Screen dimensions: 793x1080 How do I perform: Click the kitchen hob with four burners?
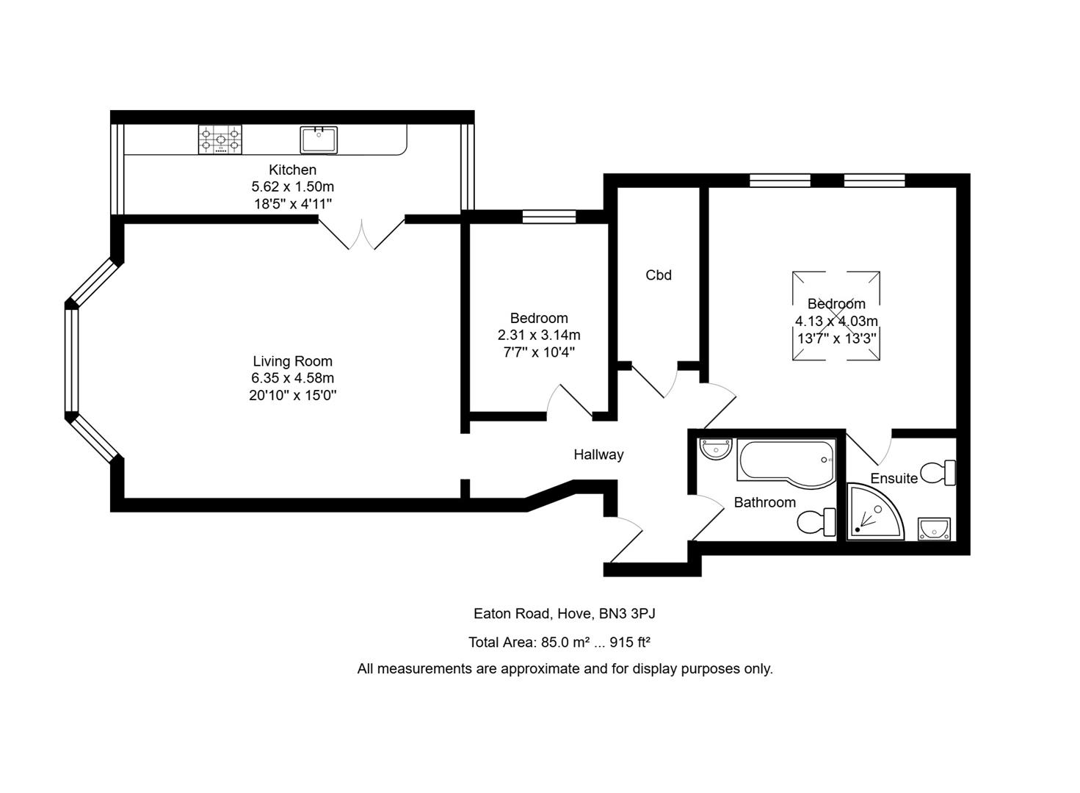tap(220, 140)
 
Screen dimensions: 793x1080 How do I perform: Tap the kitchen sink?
tap(319, 140)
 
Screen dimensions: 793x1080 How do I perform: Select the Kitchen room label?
tap(292, 170)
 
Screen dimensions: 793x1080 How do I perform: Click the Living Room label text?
tap(292, 361)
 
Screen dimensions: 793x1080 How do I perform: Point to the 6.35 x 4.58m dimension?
tap(292, 378)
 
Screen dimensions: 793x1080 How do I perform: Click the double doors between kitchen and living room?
tap(361, 233)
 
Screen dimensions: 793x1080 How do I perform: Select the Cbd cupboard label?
tap(659, 275)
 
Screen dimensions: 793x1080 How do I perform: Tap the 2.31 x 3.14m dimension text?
tap(539, 335)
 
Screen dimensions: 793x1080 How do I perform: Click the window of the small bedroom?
tap(549, 216)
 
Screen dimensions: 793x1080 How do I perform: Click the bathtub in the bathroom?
tap(786, 463)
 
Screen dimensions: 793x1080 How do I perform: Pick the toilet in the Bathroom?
tap(816, 523)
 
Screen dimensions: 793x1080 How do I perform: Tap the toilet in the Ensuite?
tap(939, 473)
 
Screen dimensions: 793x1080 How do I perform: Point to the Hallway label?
tap(598, 455)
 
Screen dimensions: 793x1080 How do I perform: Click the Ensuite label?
tap(894, 479)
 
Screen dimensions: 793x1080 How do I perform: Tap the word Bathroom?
tap(764, 502)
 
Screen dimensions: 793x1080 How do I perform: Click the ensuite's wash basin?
tap(934, 529)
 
